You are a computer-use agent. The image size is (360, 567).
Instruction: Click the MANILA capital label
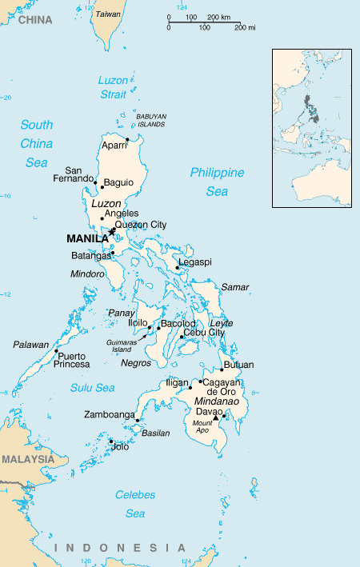coord(87,238)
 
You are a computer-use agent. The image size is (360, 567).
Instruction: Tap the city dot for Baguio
coord(102,187)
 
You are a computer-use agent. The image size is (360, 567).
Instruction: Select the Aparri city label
coord(114,146)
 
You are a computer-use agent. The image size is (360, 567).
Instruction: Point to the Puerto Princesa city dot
coord(56,351)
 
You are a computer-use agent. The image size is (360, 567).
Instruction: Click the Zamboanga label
coord(110,415)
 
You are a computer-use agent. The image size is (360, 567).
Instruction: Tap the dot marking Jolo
coord(111,441)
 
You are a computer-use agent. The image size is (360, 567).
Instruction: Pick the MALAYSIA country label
coord(28,459)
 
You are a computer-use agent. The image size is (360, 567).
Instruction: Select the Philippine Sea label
coord(217,182)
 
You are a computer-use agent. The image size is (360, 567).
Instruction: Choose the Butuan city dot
coord(222,370)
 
